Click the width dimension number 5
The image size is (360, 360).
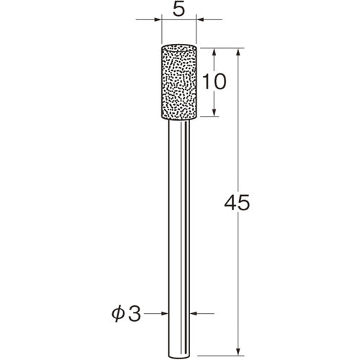coord(179,10)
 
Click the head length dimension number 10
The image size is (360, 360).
coord(215,81)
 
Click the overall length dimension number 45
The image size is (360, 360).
coord(237,202)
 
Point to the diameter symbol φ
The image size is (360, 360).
coord(118,315)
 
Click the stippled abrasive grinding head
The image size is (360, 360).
coord(179,82)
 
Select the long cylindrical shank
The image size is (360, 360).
coord(179,238)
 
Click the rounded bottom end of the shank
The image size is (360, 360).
coord(179,356)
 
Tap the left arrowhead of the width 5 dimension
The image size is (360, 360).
coord(157,19)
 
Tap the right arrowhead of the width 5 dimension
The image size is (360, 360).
coord(200,19)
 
